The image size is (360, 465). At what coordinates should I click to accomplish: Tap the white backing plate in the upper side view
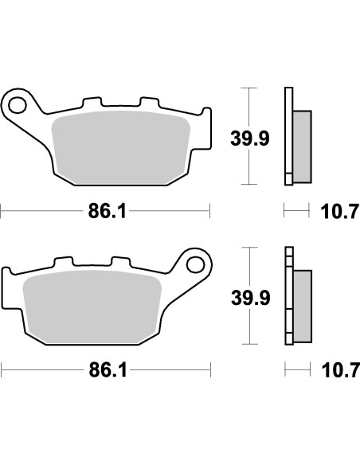287,135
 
